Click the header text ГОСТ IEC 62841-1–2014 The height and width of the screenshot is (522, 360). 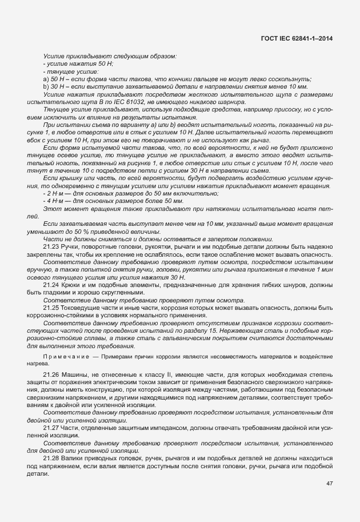click(x=297, y=38)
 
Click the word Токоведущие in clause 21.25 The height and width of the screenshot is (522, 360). click(x=82, y=308)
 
